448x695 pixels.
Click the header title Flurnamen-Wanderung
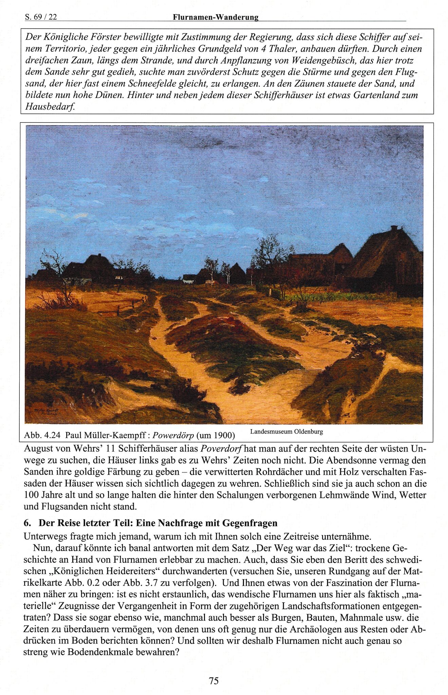coord(216,17)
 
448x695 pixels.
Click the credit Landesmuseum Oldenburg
coord(286,432)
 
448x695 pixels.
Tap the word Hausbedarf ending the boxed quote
coord(50,107)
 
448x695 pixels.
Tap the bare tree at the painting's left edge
coord(56,272)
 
